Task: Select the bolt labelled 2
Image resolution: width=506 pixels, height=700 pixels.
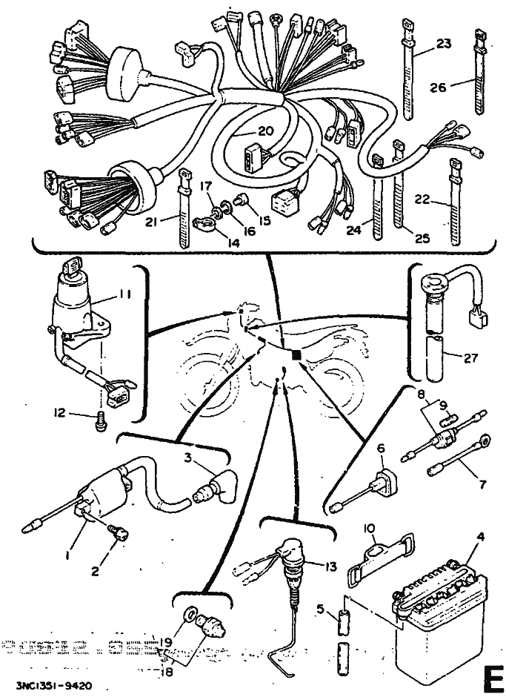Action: pyautogui.click(x=118, y=532)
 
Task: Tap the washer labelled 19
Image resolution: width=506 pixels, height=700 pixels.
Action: pyautogui.click(x=191, y=615)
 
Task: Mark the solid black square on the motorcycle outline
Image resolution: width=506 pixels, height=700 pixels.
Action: pyautogui.click(x=297, y=356)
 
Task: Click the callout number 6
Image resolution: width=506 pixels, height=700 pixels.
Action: pyautogui.click(x=382, y=449)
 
